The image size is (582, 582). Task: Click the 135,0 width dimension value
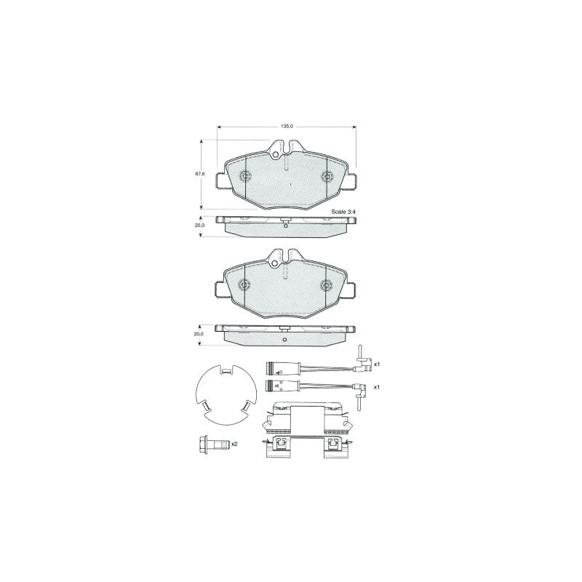pos(287,127)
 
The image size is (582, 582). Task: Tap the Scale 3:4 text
pos(343,212)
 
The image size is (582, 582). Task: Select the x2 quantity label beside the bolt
pos(234,444)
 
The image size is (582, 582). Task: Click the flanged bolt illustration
pos(213,444)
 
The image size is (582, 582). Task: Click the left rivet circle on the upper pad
pos(245,176)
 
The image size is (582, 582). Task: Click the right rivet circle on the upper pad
pos(327,176)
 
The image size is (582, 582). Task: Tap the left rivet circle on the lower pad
pos(244,284)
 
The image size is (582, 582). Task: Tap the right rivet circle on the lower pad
pos(326,284)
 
